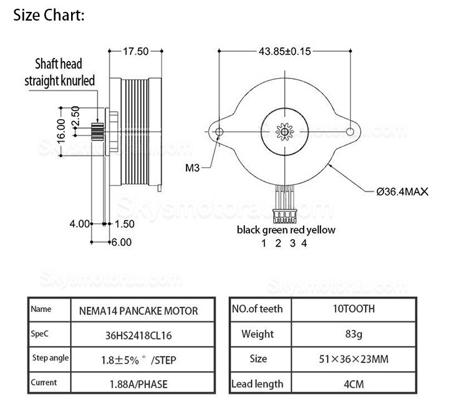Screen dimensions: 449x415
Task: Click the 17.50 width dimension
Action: click(136, 52)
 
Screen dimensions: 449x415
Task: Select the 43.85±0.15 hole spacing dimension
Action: click(284, 52)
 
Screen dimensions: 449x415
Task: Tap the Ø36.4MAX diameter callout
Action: click(403, 192)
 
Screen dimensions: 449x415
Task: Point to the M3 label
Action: click(192, 168)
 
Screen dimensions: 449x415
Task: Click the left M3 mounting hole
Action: click(220, 132)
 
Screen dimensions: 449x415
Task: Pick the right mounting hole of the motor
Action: click(350, 132)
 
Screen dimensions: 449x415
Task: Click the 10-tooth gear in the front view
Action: click(284, 132)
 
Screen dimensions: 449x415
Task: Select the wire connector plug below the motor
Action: click(284, 217)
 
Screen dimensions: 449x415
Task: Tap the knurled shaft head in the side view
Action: click(97, 132)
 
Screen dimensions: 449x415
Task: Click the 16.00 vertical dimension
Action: click(61, 131)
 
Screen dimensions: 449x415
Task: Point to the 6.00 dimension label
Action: click(122, 243)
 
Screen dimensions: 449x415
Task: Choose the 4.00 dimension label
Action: click(80, 224)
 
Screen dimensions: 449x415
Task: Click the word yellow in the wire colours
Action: click(321, 230)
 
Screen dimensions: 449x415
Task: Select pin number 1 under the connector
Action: click(264, 243)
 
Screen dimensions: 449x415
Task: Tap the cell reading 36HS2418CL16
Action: click(138, 335)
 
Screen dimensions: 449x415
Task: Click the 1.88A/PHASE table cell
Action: click(138, 384)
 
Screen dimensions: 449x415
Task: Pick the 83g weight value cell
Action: click(354, 334)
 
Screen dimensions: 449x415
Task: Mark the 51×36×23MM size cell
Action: click(354, 359)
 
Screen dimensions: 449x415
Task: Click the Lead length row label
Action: click(257, 384)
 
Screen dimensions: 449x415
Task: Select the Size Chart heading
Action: click(49, 15)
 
